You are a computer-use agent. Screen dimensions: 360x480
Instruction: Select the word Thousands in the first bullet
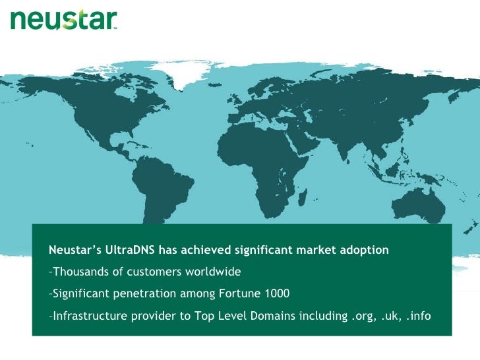78,272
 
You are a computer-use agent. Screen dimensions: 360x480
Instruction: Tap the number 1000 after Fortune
276,293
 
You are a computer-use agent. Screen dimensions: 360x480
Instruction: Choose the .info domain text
418,316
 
